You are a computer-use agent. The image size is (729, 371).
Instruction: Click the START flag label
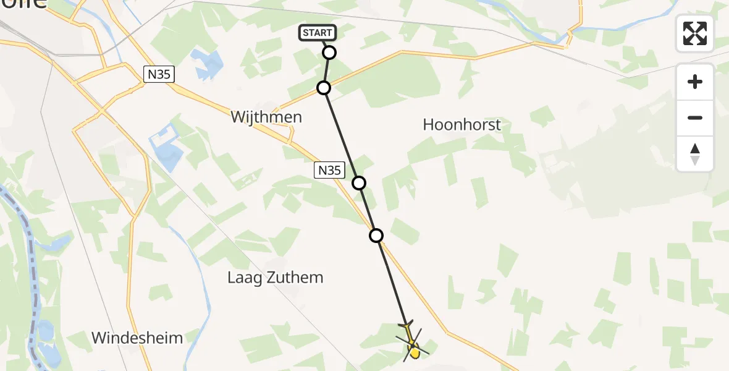pyautogui.click(x=318, y=33)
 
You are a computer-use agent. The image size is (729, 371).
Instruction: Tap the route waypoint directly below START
pyautogui.click(x=329, y=53)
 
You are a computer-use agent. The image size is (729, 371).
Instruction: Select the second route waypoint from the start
pyautogui.click(x=324, y=88)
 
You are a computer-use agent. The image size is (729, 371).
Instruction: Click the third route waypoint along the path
pyautogui.click(x=359, y=182)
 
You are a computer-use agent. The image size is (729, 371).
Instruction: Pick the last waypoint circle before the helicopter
pyautogui.click(x=376, y=235)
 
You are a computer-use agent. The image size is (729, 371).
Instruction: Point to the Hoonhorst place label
pyautogui.click(x=461, y=124)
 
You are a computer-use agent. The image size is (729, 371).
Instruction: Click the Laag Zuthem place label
pyautogui.click(x=275, y=277)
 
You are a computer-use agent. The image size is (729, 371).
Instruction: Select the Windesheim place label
pyautogui.click(x=137, y=338)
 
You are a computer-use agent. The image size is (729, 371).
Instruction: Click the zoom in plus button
pyautogui.click(x=695, y=82)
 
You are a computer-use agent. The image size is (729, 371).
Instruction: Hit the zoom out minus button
pyautogui.click(x=695, y=117)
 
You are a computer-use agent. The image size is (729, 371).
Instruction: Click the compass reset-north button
pyautogui.click(x=695, y=154)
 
